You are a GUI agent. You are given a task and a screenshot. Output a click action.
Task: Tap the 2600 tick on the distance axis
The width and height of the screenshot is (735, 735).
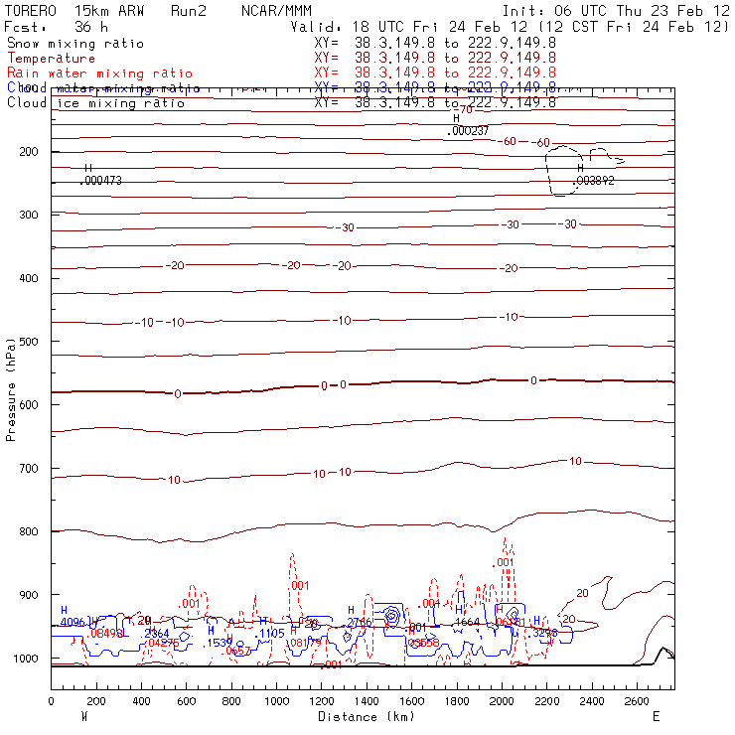click(639, 701)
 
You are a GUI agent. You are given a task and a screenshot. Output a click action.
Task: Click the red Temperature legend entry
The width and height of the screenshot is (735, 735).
click(51, 59)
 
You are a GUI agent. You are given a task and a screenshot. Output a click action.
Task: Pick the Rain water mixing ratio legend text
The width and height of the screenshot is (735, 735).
click(86, 73)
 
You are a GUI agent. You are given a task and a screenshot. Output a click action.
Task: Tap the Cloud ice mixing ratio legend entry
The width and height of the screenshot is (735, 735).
click(95, 103)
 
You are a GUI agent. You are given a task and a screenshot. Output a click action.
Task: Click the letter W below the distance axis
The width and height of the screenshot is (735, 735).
click(83, 716)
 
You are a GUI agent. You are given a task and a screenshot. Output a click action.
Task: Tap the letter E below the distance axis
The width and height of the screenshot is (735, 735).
click(656, 716)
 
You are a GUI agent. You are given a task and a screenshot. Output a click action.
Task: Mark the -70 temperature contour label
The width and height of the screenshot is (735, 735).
click(465, 108)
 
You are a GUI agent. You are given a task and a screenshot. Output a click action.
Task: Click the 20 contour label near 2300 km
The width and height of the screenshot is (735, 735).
click(569, 619)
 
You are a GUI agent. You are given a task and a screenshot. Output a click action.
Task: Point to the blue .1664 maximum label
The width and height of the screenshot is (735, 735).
click(467, 622)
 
